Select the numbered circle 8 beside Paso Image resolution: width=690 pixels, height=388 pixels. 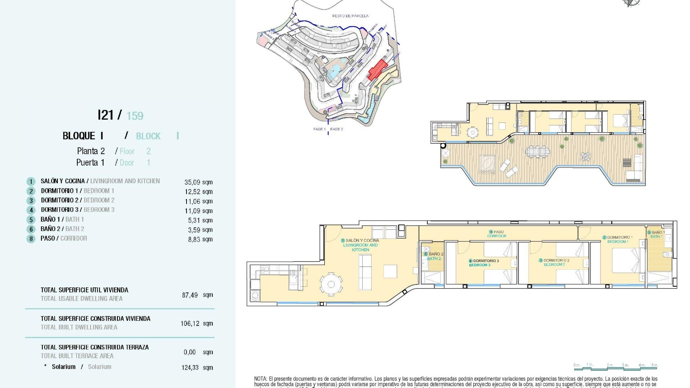[31, 239]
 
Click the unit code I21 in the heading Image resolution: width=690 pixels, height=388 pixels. [106, 115]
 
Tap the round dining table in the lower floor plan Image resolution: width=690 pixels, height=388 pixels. [331, 285]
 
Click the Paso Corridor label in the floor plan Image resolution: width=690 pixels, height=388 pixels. [497, 234]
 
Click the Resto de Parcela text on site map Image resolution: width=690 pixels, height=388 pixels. [350, 16]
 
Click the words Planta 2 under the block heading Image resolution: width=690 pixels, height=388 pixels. [91, 151]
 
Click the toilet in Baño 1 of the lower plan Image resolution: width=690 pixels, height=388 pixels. [666, 255]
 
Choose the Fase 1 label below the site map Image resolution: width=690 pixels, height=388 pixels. [319, 129]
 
